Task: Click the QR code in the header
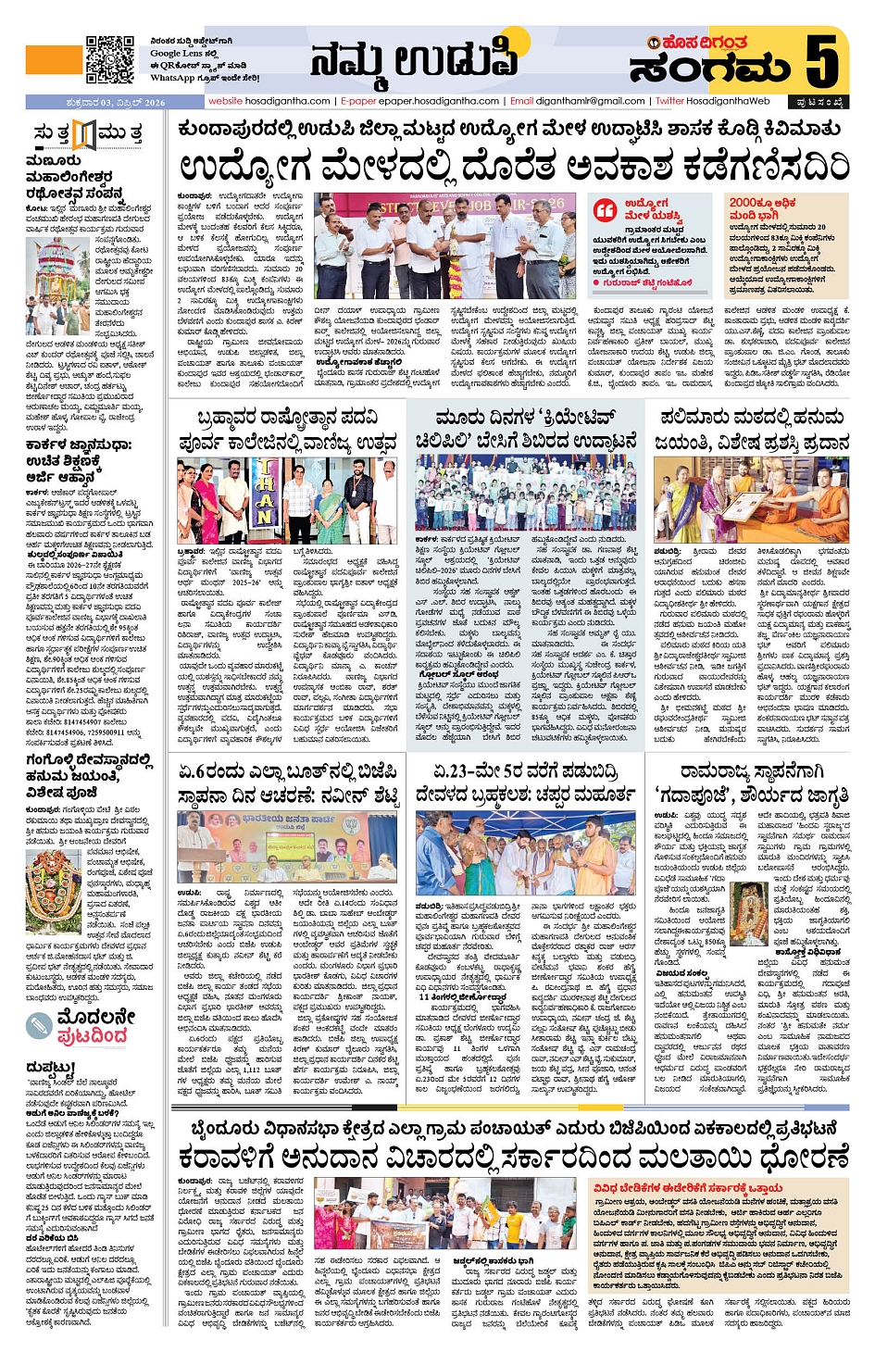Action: pos(110,60)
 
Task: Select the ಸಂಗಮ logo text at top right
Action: pos(710,69)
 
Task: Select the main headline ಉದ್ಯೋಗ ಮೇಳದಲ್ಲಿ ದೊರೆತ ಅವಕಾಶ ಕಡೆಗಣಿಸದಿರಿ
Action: pos(514,168)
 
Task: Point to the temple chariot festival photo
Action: pos(58,287)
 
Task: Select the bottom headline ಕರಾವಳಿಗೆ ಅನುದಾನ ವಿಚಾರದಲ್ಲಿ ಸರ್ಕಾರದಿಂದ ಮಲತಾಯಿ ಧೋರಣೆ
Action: pos(514,1158)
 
